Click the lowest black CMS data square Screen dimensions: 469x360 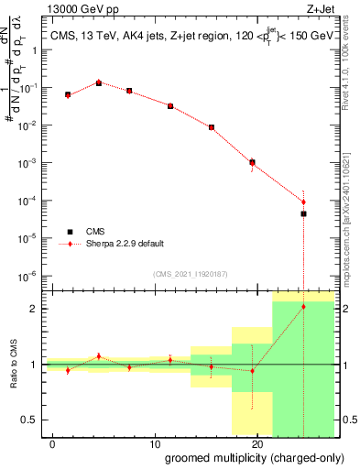303,213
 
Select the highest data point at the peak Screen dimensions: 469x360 99,83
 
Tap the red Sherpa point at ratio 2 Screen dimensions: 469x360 303,306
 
